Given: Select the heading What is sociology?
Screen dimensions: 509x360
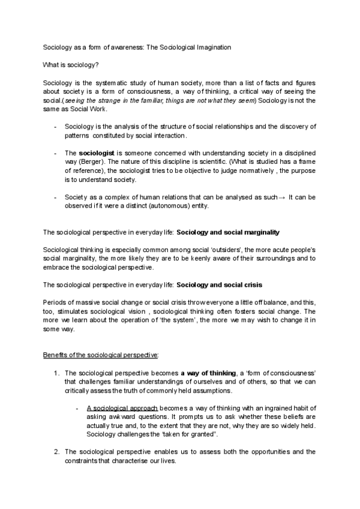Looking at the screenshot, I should pos(70,64).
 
